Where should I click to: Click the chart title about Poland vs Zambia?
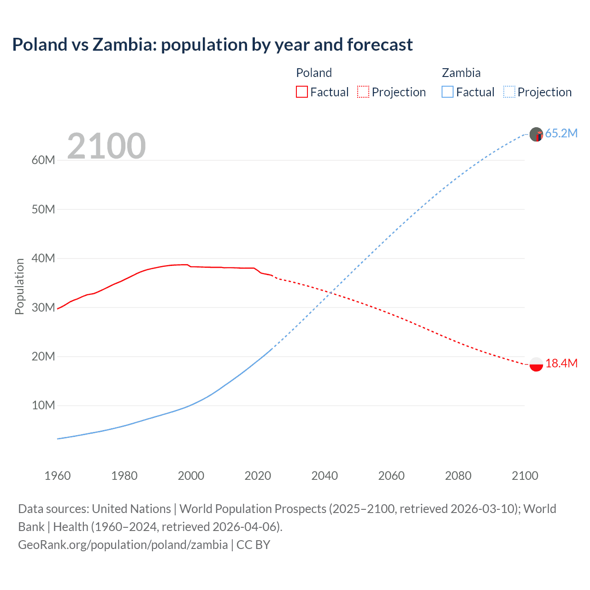tap(212, 45)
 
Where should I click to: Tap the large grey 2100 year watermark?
tap(106, 146)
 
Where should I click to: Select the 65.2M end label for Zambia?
tap(561, 134)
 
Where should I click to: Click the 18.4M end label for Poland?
tap(561, 363)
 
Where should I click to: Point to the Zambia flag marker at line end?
tap(536, 135)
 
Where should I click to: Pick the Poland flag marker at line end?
tap(536, 364)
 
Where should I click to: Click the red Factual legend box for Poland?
tap(302, 92)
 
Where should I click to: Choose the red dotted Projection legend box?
tap(363, 92)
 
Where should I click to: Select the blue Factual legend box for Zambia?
tap(448, 92)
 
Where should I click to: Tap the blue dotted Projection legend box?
tap(509, 92)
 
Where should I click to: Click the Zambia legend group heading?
tap(461, 73)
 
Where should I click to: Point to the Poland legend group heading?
tap(314, 73)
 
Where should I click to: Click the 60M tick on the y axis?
tap(43, 160)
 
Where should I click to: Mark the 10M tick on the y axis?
tap(43, 406)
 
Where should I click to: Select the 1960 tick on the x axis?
tap(58, 476)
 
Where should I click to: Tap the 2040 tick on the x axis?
tap(324, 476)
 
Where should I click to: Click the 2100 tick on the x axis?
tap(525, 476)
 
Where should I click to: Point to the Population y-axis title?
tap(19, 286)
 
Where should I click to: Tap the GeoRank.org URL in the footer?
tap(123, 545)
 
